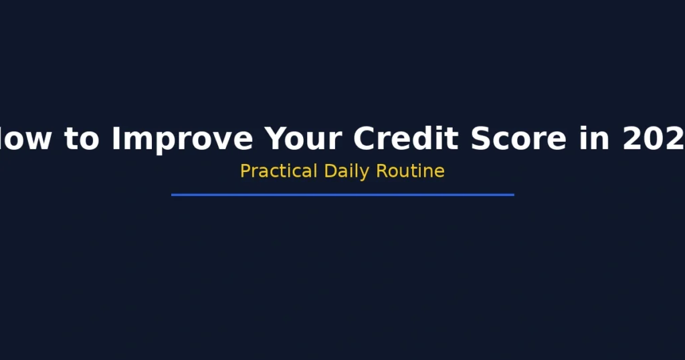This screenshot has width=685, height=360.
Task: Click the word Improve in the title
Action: (x=182, y=139)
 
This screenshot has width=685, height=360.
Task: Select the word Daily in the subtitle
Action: (x=347, y=171)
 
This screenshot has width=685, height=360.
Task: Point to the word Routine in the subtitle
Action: (x=410, y=171)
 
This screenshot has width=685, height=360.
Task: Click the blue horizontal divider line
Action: (x=342, y=195)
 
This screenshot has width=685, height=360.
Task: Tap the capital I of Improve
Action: (x=116, y=139)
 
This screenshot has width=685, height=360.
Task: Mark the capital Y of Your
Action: (x=276, y=139)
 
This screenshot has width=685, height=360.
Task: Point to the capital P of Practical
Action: (x=245, y=171)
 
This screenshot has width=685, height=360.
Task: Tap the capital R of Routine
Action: (x=381, y=171)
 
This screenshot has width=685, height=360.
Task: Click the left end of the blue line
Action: (x=173, y=195)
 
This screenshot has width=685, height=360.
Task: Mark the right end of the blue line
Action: (x=512, y=195)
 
